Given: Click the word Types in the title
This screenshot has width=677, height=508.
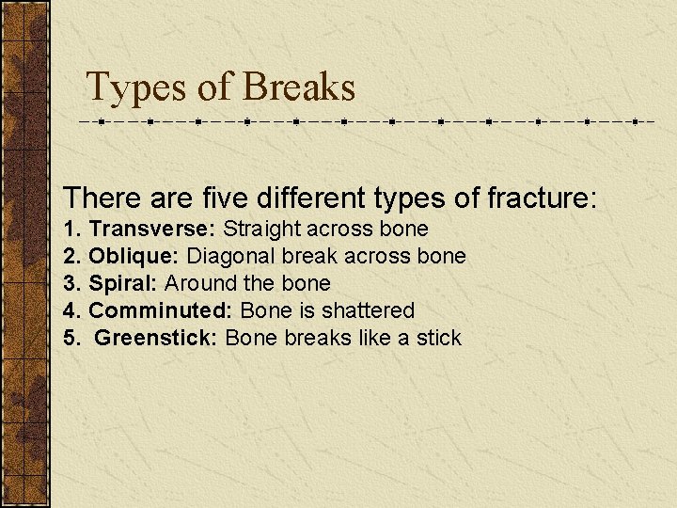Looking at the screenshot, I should [x=136, y=87].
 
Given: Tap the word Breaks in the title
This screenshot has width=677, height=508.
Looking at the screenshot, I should [x=298, y=87].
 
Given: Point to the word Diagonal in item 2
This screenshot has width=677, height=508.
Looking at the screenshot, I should [x=226, y=256].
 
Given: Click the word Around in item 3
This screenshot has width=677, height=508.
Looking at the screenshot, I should [x=198, y=283].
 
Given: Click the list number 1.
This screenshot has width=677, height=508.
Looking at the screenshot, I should [x=71, y=229].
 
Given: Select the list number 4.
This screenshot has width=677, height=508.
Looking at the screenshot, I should [x=71, y=310].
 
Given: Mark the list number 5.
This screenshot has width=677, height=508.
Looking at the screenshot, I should [x=71, y=338].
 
